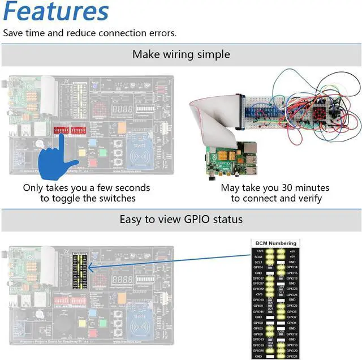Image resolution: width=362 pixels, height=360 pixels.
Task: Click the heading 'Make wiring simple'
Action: pos(181,54)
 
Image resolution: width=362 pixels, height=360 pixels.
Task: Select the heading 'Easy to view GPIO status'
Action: pos(181,219)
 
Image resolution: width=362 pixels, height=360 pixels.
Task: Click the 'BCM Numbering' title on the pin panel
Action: pos(274,243)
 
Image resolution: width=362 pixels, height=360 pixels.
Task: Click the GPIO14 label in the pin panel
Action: pos(292,267)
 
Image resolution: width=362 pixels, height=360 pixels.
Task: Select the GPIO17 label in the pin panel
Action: pos(258,278)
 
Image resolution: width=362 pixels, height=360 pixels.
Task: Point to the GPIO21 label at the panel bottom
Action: pos(292,356)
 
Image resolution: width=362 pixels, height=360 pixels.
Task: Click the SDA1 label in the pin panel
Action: pos(258,256)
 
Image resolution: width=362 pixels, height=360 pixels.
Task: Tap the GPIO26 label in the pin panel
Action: pos(258,350)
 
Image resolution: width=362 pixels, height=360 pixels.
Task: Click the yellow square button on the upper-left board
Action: pos(81,152)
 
